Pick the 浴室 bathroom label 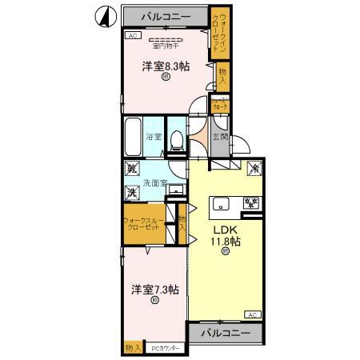pyautogui.click(x=154, y=137)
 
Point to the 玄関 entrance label pyautogui.click(x=219, y=137)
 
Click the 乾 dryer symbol pyautogui.click(x=130, y=170)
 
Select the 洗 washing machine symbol pyautogui.click(x=130, y=192)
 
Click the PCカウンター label pyautogui.click(x=167, y=347)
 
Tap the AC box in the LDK pyautogui.click(x=252, y=314)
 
